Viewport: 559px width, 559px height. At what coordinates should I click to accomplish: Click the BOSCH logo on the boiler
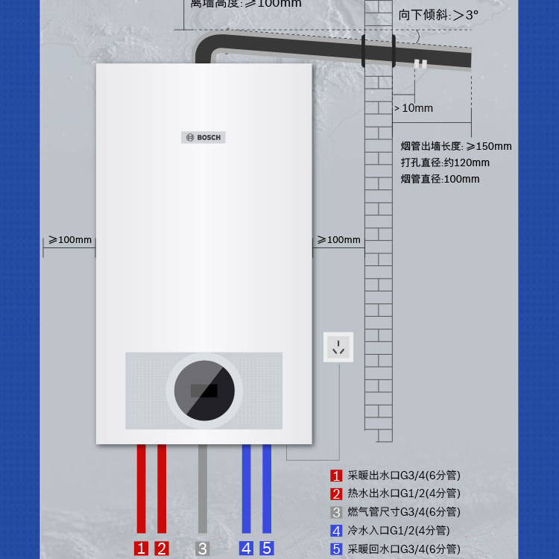tap(203, 137)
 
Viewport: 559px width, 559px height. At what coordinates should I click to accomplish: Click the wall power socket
tap(338, 347)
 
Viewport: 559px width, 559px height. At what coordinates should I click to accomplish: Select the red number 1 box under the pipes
tap(141, 549)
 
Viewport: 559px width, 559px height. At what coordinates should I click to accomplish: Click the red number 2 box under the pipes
tap(162, 549)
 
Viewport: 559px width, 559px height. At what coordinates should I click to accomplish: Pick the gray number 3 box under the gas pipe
tap(203, 549)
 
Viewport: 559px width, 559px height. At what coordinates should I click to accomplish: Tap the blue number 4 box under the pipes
tap(246, 549)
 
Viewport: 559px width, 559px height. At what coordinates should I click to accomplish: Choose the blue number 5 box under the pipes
tap(267, 549)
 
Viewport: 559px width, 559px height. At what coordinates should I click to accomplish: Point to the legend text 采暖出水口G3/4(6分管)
tap(404, 475)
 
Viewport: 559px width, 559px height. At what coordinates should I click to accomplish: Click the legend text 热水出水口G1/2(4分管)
tap(404, 493)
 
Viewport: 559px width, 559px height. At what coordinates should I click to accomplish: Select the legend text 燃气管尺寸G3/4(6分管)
tap(404, 512)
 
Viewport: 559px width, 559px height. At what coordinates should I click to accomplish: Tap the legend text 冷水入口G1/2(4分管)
tap(399, 531)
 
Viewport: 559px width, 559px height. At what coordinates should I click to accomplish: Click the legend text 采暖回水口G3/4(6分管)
tap(404, 549)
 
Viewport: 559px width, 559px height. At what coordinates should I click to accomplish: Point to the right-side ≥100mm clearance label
tap(338, 240)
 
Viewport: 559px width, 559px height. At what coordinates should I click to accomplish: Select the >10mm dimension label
tap(414, 108)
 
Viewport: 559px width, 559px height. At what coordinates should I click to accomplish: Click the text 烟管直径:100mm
tap(440, 179)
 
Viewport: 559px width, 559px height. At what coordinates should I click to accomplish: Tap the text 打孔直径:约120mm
tap(445, 162)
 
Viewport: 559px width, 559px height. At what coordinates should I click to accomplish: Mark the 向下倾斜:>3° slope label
tap(438, 14)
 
